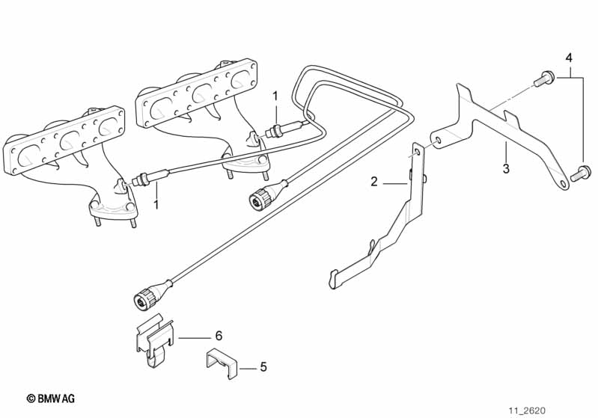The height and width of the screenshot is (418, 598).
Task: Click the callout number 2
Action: pyautogui.click(x=373, y=182)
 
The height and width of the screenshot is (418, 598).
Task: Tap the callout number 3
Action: pyautogui.click(x=506, y=168)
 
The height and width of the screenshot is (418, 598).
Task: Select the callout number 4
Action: pyautogui.click(x=569, y=58)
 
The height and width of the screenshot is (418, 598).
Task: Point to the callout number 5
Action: pyautogui.click(x=263, y=367)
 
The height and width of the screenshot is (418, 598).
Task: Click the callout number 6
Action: pyautogui.click(x=218, y=336)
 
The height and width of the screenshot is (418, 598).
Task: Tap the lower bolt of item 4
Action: pyautogui.click(x=581, y=173)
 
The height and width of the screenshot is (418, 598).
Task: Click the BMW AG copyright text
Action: pyautogui.click(x=51, y=399)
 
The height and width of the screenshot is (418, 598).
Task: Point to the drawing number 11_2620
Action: pyautogui.click(x=527, y=411)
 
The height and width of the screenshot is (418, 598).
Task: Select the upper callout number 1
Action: pyautogui.click(x=275, y=96)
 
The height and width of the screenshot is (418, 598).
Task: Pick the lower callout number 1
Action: pyautogui.click(x=156, y=205)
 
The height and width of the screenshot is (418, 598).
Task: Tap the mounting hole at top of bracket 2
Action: pyautogui.click(x=417, y=153)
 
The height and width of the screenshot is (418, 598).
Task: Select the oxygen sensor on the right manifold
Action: pyautogui.click(x=285, y=129)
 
